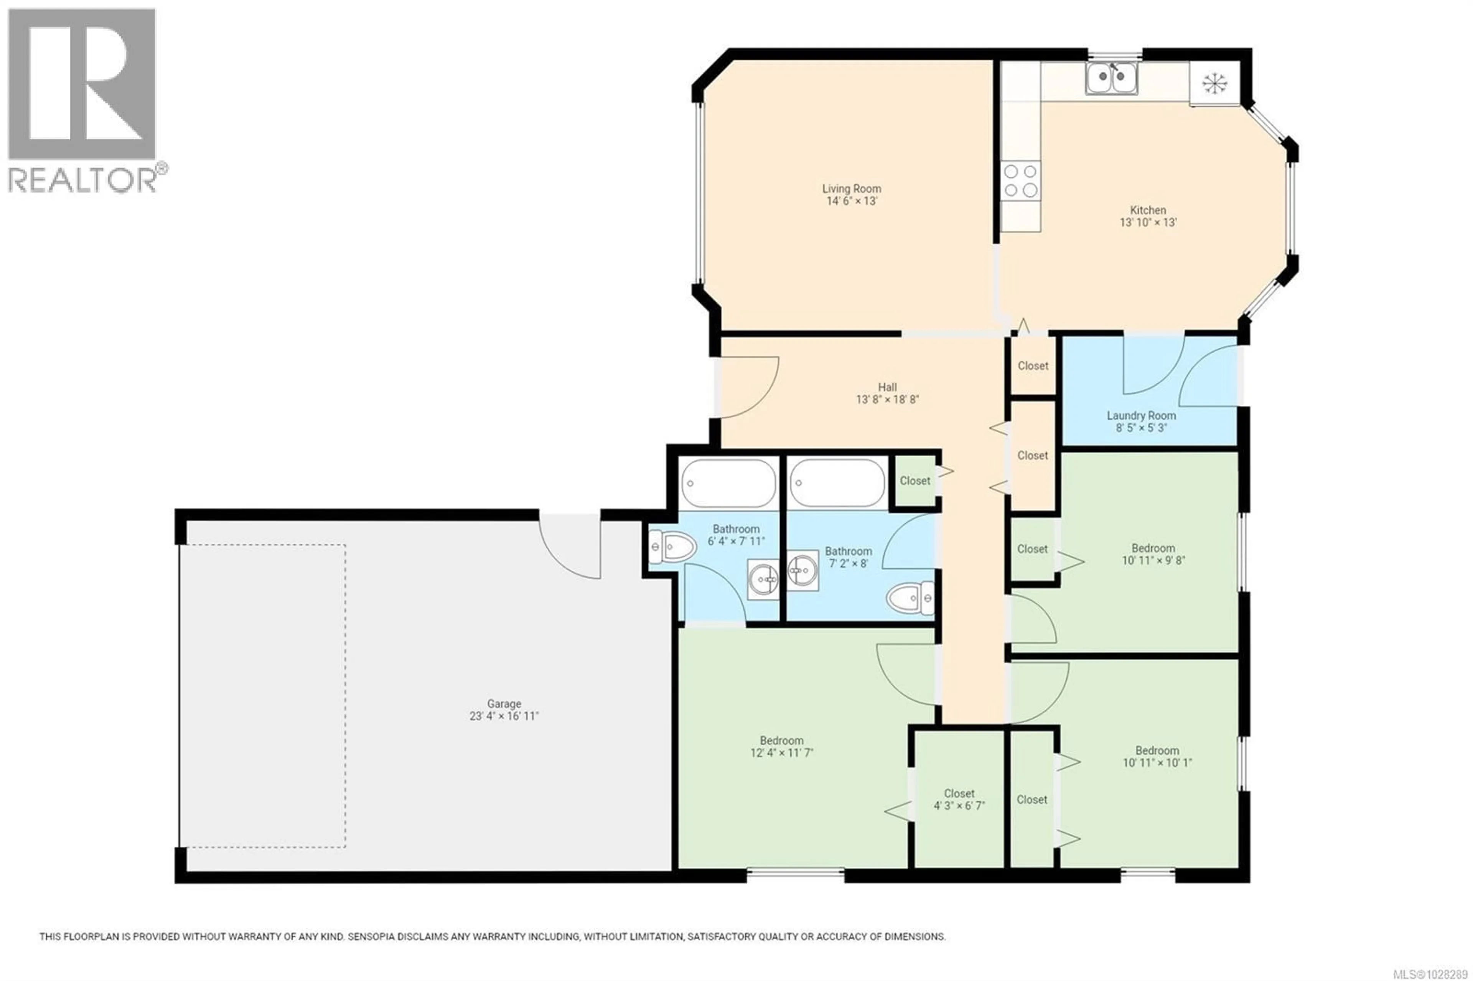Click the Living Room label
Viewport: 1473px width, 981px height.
click(851, 188)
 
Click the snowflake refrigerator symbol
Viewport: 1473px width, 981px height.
click(1214, 82)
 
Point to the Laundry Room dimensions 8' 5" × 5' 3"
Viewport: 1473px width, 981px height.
click(1141, 428)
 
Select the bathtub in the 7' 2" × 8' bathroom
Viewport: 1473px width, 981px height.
click(837, 482)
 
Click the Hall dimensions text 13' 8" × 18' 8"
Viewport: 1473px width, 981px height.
click(887, 399)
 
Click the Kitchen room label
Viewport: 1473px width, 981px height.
click(1148, 210)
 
